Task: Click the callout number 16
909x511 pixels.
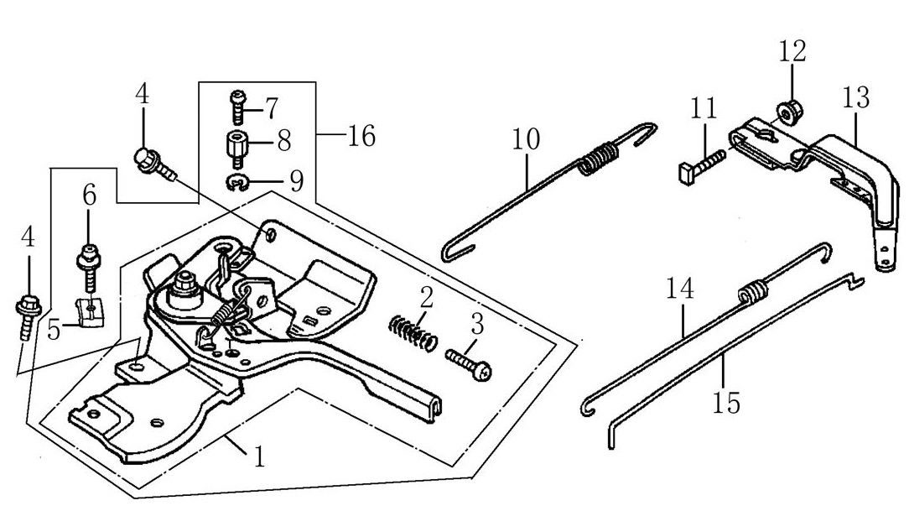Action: [x=361, y=135]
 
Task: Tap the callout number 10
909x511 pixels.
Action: [x=528, y=138]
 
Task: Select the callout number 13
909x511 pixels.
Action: [x=856, y=98]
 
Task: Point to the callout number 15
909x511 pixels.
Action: [x=727, y=404]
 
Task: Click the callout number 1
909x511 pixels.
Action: [x=260, y=457]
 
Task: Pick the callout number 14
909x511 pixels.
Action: [x=681, y=290]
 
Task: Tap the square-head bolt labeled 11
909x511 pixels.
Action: [x=697, y=166]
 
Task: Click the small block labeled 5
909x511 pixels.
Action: [x=88, y=312]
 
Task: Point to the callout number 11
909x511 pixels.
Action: [x=704, y=108]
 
